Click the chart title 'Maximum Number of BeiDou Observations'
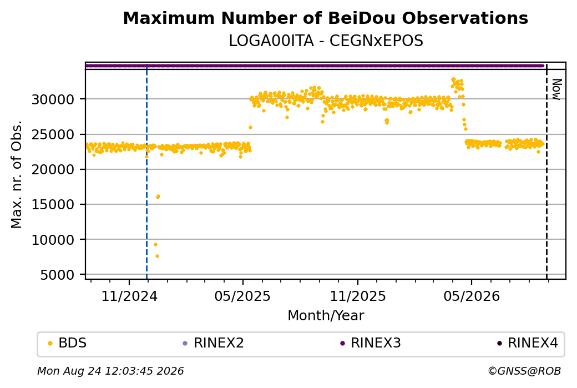tap(325, 18)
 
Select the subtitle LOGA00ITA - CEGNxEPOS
tap(326, 41)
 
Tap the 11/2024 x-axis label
tap(129, 296)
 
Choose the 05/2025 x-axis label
tap(242, 296)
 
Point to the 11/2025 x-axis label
tap(358, 296)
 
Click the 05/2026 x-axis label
tap(472, 296)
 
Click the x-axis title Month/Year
tap(326, 315)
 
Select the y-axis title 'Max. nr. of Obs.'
tap(17, 174)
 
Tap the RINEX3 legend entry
tap(371, 343)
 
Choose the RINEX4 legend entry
tap(528, 343)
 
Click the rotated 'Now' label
tap(556, 89)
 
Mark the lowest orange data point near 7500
tap(157, 256)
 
